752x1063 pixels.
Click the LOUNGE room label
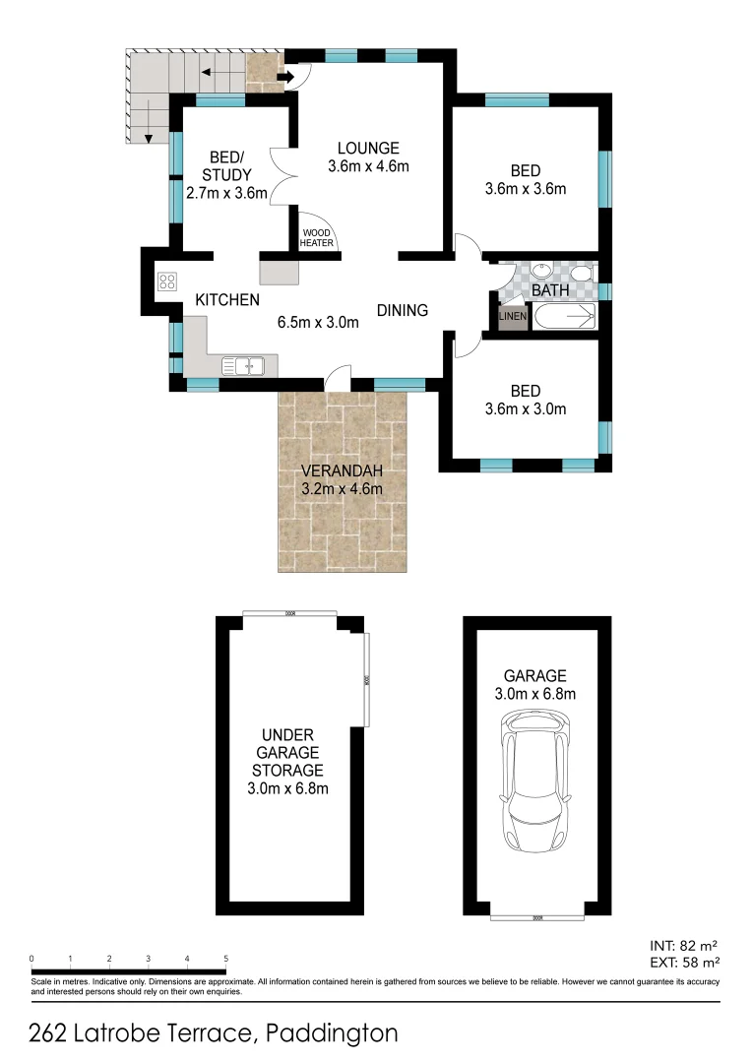[368, 148]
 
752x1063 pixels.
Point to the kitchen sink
[241, 366]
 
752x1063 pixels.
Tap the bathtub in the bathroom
[565, 316]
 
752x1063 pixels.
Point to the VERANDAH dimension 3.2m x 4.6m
[341, 488]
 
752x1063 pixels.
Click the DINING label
[403, 310]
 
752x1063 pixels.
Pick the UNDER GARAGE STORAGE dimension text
[287, 788]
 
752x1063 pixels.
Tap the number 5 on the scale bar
[225, 958]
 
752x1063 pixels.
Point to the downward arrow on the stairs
[147, 117]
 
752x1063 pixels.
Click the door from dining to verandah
[338, 377]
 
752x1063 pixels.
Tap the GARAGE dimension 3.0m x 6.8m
[535, 694]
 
